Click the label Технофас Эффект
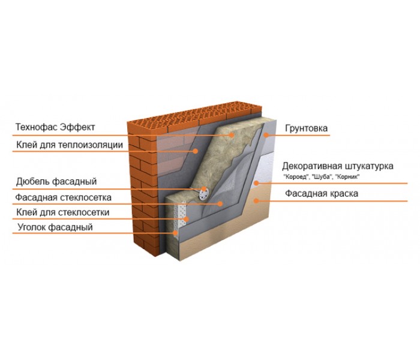pos(55,127)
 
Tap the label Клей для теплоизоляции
pos(70,145)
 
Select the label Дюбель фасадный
pos(56,182)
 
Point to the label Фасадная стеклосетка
pos(63,197)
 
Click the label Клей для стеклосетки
pos(62,212)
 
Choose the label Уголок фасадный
pos(55,227)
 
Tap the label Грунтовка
pos(306,128)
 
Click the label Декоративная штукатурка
pos(337,166)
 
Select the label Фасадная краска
pos(322,193)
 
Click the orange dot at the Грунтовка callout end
pos(266,135)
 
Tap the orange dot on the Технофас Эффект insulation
pos(232,135)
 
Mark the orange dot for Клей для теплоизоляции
pos(196,151)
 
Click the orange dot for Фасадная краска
pos(256,200)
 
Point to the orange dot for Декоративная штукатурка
pos(256,183)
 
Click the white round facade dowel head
pos(204,193)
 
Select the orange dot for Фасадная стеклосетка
pos(220,204)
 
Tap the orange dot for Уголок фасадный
pos(175,233)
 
